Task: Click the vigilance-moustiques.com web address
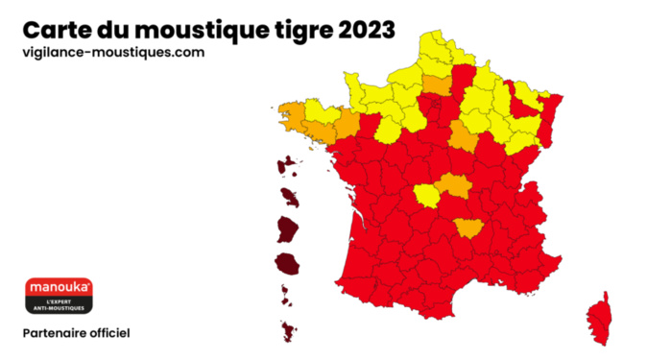113,53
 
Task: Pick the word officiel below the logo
113,333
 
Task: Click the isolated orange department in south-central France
469,228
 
